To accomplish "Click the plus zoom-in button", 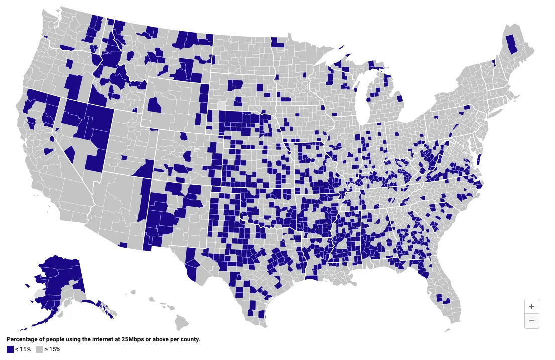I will click(x=532, y=306).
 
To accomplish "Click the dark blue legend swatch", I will click(x=10, y=349).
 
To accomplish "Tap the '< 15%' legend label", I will click(x=23, y=349).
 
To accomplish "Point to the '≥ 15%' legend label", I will click(x=52, y=349).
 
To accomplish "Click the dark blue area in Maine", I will click(x=512, y=44).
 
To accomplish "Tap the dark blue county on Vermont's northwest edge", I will click(x=494, y=62).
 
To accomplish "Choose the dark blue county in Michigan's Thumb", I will click(x=400, y=97).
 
